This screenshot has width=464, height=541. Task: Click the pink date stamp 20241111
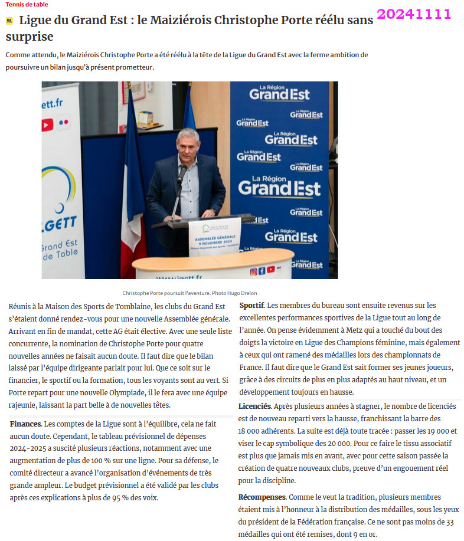(414, 14)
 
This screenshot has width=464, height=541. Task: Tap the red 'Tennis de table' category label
(27, 5)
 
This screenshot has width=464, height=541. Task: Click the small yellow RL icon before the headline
(9, 21)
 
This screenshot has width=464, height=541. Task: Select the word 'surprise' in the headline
(30, 37)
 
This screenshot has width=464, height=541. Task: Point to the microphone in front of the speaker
(182, 172)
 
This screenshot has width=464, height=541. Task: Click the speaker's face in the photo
(187, 145)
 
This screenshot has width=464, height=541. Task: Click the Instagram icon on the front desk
(253, 271)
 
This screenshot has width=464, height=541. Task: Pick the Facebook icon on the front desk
(262, 271)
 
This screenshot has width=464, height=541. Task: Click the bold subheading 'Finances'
(25, 424)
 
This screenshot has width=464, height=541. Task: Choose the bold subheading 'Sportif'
(251, 305)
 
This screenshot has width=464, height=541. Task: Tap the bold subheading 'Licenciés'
(254, 406)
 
